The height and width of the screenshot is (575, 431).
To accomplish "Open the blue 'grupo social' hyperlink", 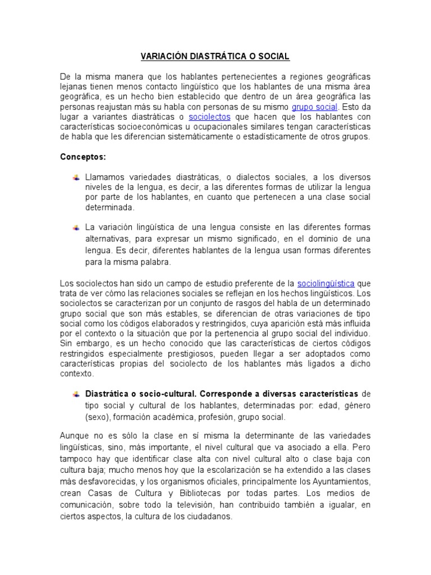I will tap(314, 107).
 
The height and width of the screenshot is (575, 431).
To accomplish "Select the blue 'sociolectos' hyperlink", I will tap(210, 117).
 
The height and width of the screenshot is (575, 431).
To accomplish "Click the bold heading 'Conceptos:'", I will tap(83, 157).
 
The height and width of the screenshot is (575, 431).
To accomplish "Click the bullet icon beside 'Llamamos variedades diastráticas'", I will tap(76, 178).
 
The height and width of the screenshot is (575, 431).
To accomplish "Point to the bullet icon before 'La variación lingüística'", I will tap(76, 227).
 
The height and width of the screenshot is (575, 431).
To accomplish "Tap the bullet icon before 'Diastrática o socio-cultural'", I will tap(76, 393).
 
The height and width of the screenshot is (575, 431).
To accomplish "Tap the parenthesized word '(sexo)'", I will tap(98, 417).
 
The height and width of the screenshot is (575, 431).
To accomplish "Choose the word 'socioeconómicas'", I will tap(151, 127).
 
